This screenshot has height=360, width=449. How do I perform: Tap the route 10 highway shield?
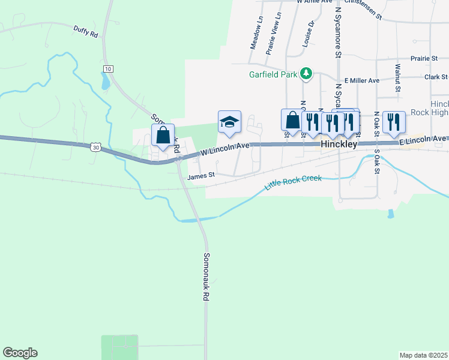pos(107,70)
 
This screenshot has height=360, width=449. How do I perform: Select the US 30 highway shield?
pos(95,146)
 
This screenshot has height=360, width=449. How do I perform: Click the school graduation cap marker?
pos(229,122)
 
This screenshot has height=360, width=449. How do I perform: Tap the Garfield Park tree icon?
pos(307,74)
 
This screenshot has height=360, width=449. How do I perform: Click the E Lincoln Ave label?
pos(423,140)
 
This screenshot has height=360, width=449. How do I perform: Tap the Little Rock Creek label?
pos(294,183)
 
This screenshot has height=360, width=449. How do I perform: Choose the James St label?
pos(201,176)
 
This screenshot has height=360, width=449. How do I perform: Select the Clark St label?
pos(436,77)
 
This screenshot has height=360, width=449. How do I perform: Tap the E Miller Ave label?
pos(362,80)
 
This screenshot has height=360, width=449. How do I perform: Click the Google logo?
pos(20,353)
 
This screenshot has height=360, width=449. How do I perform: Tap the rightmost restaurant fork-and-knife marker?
pos(394,122)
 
